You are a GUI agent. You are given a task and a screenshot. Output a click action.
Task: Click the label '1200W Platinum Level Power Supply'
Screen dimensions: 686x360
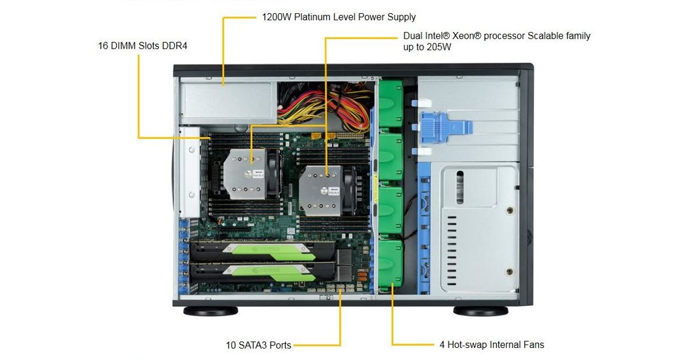pyautogui.click(x=338, y=17)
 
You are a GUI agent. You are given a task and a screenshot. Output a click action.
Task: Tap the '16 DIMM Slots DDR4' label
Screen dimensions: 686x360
pyautogui.click(x=142, y=46)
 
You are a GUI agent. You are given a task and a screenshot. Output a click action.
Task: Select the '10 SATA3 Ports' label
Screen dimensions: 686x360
pyautogui.click(x=258, y=345)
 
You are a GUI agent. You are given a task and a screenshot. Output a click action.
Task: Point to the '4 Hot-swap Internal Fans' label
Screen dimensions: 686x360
pyautogui.click(x=492, y=345)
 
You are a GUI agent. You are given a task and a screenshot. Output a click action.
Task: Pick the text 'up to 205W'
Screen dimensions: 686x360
pyautogui.click(x=427, y=47)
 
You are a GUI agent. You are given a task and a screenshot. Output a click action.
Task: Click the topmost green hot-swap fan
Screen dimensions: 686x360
pyautogui.click(x=390, y=104)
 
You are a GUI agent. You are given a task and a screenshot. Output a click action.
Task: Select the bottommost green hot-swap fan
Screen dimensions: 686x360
pyautogui.click(x=390, y=263)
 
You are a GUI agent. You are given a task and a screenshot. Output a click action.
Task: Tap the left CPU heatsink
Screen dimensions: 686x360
pyautogui.click(x=245, y=174)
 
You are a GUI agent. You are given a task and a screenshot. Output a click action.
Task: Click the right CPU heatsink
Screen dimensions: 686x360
pyautogui.click(x=320, y=191)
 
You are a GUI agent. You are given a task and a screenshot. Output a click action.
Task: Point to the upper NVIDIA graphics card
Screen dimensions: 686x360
pyautogui.click(x=263, y=251)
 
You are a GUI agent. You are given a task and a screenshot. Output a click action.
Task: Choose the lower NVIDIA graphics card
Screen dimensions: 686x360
pyautogui.click(x=263, y=272)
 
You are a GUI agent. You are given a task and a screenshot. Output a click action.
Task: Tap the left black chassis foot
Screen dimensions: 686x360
pyautogui.click(x=211, y=311)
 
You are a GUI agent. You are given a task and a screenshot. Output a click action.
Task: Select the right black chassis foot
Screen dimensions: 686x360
pyautogui.click(x=481, y=311)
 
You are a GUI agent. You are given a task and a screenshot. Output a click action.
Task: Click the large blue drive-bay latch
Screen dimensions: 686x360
pyautogui.click(x=445, y=127)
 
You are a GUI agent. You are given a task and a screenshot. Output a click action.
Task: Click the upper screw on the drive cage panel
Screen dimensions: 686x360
pyautogui.click(x=510, y=210)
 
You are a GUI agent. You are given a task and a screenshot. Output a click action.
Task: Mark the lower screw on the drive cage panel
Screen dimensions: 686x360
pyautogui.click(x=509, y=271)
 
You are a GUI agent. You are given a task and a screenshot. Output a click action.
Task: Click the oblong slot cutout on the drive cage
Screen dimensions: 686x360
pyautogui.click(x=460, y=187)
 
